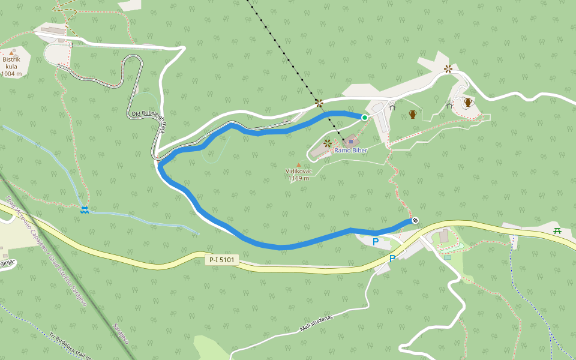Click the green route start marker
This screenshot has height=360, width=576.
click(x=364, y=117)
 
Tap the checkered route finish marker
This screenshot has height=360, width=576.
click(x=415, y=220)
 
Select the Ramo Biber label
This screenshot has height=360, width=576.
click(x=350, y=151)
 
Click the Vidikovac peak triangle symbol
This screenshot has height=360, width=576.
click(x=298, y=164)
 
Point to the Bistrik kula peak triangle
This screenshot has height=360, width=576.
click(x=11, y=53)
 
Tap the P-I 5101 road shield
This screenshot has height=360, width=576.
click(x=222, y=260)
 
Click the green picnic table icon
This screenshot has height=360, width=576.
click(x=557, y=230)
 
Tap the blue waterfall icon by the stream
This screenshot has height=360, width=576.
click(x=85, y=209)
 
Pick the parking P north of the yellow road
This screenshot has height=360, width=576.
click(x=376, y=242)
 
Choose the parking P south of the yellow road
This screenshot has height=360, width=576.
click(x=392, y=259)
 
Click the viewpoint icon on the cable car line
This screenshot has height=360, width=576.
click(x=319, y=103)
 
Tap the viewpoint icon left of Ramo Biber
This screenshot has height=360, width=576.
click(x=328, y=143)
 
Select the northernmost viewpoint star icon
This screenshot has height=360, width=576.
click(x=448, y=68)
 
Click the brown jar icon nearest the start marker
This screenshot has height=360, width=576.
click(x=413, y=114)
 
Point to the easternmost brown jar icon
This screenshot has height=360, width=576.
click(x=468, y=103)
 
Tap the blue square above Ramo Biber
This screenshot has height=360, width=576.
click(x=351, y=142)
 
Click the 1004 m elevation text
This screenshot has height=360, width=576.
click(x=11, y=74)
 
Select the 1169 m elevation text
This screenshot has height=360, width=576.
click(x=298, y=178)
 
